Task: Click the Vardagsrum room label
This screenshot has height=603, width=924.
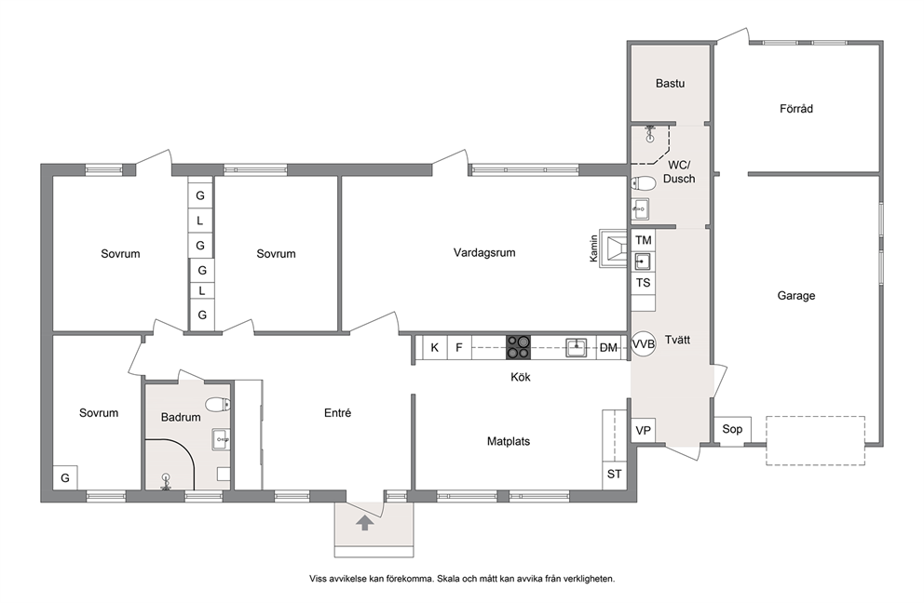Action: coord(484,252)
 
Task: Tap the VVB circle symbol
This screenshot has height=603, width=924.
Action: coord(643,344)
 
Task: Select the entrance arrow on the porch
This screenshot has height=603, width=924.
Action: coord(365,522)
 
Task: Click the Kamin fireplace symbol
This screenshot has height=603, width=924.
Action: coord(614,248)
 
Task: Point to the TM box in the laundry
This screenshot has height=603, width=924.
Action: coord(644,240)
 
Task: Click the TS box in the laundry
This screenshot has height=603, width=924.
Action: coord(644,283)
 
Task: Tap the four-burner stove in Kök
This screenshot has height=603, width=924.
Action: coord(519,347)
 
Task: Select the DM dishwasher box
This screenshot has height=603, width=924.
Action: coord(609,347)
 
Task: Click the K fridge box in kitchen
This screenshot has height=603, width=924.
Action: coord(435,347)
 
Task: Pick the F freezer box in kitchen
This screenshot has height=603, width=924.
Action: coord(459,347)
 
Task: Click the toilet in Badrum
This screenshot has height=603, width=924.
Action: coord(218,405)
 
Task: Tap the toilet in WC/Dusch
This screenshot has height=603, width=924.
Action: coord(644,183)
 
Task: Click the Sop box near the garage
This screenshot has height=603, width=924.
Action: coord(732,429)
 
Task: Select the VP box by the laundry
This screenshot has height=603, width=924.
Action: coord(644,431)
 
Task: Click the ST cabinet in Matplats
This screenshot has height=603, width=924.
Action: coord(614,474)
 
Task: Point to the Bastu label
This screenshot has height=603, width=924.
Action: coord(670,84)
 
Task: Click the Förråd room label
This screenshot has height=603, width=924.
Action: coord(796,109)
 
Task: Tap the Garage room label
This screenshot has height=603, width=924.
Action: coord(796,296)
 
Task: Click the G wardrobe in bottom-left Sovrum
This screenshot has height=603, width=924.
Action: coord(65,477)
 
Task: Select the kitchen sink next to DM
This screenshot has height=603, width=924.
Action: coord(577,347)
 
